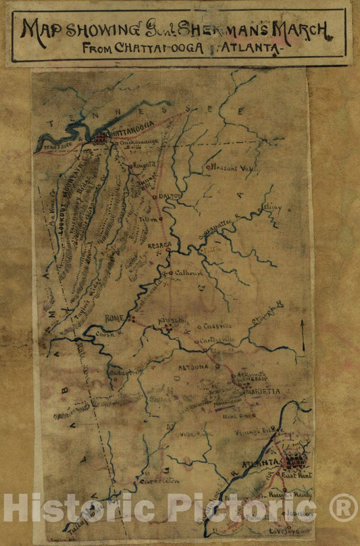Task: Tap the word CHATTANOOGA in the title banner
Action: pos(151,48)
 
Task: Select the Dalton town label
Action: pos(171,195)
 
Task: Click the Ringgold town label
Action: pos(144,164)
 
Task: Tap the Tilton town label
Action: pos(148,218)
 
